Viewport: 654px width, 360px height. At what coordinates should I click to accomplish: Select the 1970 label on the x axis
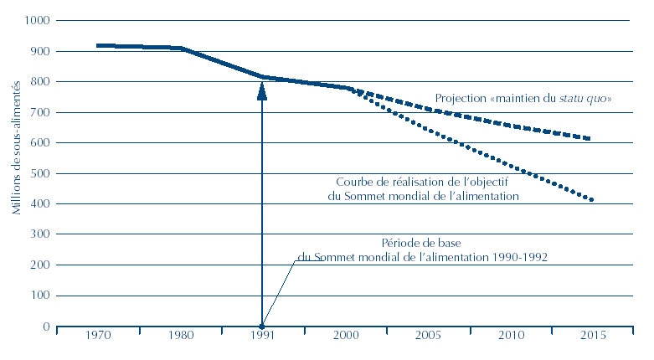pos(98,337)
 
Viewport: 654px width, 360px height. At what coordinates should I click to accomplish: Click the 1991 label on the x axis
pos(262,337)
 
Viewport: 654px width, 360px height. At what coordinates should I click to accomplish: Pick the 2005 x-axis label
pos(427,337)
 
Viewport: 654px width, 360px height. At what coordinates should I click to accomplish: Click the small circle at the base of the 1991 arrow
pos(262,327)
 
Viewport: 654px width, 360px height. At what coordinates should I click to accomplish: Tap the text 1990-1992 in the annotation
pos(522,257)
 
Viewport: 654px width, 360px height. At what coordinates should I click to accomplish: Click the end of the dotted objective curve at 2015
pos(591,199)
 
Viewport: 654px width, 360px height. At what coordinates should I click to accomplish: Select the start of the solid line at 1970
pos(99,45)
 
